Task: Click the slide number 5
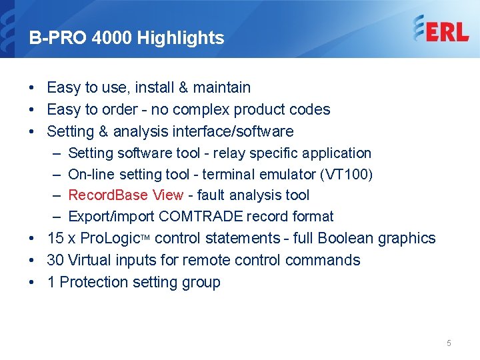click(x=449, y=343)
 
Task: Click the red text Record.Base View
click(x=125, y=195)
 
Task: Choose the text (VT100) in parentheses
click(x=347, y=175)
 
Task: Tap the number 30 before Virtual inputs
click(x=55, y=260)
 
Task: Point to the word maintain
click(x=221, y=87)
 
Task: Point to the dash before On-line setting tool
click(x=57, y=175)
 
